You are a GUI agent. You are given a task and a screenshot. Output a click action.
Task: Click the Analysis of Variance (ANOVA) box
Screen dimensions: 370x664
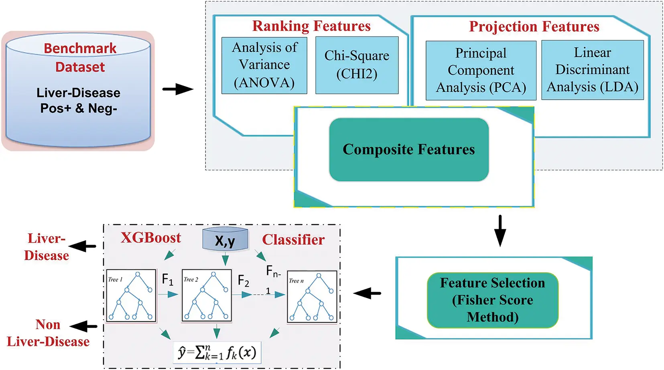tap(264, 65)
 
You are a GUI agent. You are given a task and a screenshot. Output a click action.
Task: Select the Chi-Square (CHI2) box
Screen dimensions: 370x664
tap(357, 65)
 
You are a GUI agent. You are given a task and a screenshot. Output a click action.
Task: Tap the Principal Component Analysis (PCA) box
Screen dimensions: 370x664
tap(481, 70)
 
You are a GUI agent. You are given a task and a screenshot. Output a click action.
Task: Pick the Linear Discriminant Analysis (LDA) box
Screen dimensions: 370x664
tap(592, 70)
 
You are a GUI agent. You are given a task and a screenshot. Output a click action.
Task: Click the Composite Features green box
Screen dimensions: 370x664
tap(408, 150)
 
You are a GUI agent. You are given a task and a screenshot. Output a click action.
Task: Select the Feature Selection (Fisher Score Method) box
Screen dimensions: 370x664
tap(492, 300)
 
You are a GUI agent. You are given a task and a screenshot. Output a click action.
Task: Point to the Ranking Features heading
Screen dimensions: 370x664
tap(311, 26)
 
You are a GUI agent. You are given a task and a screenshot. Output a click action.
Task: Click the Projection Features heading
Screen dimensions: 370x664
tap(534, 26)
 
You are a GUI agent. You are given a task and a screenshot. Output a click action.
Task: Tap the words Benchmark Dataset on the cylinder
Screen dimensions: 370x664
tap(80, 57)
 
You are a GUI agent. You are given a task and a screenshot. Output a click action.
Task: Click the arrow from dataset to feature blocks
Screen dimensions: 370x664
tap(178, 89)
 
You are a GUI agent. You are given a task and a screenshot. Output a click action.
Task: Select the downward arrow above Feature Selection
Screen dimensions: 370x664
tap(500, 231)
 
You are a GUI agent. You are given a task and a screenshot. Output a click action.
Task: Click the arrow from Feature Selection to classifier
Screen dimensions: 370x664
tap(367, 293)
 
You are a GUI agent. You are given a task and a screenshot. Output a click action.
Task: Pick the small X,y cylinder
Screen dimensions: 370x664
tap(225, 240)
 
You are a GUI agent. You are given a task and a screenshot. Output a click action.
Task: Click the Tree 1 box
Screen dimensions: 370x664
tap(131, 295)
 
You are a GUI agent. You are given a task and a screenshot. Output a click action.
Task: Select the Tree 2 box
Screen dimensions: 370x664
tap(207, 295)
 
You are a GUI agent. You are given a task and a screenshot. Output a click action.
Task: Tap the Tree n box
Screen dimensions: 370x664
tap(312, 297)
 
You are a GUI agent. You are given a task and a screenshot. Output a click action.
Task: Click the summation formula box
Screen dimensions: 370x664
tap(217, 352)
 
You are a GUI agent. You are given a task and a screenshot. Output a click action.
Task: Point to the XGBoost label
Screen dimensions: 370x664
tap(151, 238)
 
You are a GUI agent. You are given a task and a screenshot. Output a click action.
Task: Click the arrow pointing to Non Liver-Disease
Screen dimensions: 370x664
tap(83, 326)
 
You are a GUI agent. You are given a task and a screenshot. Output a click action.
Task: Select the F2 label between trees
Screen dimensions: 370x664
tap(243, 281)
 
